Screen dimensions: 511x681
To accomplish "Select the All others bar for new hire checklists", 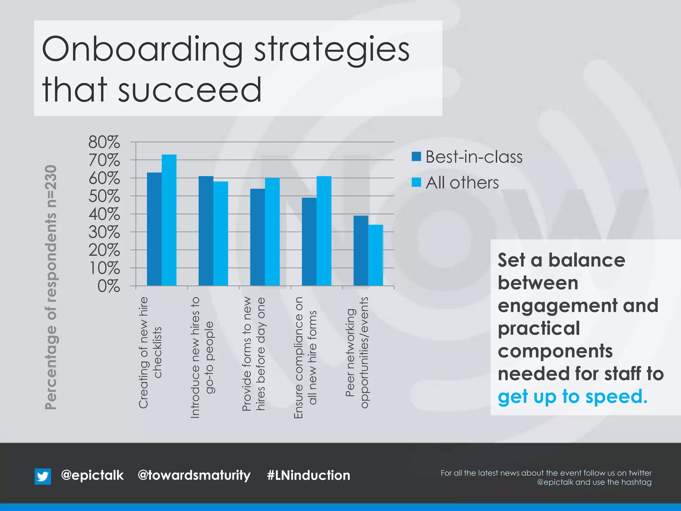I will coord(169,220).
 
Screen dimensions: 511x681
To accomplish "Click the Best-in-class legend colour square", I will coord(416,156).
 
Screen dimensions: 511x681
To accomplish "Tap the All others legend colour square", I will coord(416,182).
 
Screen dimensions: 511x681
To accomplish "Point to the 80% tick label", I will coord(104,142).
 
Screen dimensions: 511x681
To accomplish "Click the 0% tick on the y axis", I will coord(108,286).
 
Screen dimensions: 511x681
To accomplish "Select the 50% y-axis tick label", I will coord(104,196).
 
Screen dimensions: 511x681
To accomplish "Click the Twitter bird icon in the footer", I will coord(43,476).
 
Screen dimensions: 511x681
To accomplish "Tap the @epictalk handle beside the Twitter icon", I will coord(92,475).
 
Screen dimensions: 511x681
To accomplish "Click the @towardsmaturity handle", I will coord(194,475).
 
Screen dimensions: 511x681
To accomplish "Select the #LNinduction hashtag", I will coord(309,475).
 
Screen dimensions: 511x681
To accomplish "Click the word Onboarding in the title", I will coord(143,50).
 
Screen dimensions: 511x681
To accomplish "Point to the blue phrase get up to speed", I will coord(573,397).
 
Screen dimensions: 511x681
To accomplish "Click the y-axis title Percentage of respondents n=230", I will coord(51,287).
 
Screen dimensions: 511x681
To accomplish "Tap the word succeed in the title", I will coord(190,90).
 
